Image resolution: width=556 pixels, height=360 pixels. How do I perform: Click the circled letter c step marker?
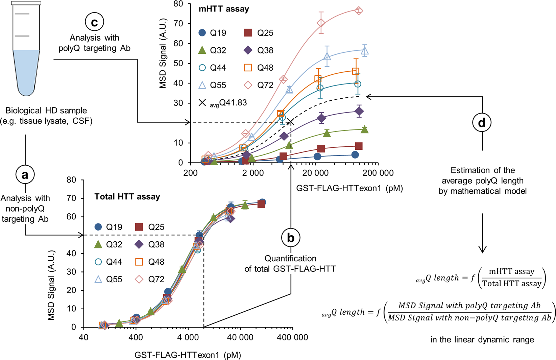click(x=94, y=22)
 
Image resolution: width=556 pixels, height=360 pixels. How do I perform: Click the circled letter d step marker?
click(x=482, y=122)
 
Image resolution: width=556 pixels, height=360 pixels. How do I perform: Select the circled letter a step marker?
click(x=25, y=174)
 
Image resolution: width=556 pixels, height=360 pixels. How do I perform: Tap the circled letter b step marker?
click(x=291, y=238)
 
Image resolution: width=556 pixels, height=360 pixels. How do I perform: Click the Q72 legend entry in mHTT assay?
click(x=259, y=85)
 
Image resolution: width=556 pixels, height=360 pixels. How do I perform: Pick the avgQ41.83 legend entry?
click(x=223, y=103)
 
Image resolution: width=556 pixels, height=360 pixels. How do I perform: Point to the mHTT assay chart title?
click(x=224, y=9)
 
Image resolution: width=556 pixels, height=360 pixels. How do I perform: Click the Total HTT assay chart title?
click(x=127, y=197)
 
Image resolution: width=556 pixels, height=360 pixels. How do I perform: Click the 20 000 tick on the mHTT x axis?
click(x=315, y=173)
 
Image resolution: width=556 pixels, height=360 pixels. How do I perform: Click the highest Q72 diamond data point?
click(x=359, y=11)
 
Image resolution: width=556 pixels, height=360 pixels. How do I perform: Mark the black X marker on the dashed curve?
click(x=291, y=122)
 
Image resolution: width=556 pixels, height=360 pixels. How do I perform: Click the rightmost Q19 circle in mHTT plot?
click(x=355, y=154)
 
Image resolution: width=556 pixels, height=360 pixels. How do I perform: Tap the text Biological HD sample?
click(x=46, y=111)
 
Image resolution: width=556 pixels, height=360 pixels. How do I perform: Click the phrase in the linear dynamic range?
click(x=482, y=339)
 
